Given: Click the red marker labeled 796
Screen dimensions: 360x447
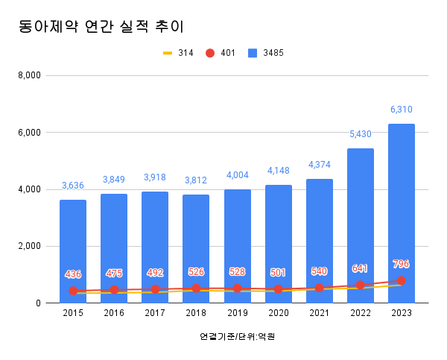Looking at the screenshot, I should pyautogui.click(x=402, y=280).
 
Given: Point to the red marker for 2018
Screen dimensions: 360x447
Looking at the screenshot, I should pyautogui.click(x=196, y=288).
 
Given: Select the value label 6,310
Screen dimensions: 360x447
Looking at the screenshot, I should pyautogui.click(x=402, y=110).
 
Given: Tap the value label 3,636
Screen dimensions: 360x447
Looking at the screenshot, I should pyautogui.click(x=73, y=186).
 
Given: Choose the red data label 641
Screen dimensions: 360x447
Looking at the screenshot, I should pyautogui.click(x=361, y=268).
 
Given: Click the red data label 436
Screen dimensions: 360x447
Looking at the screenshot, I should pyautogui.click(x=73, y=274).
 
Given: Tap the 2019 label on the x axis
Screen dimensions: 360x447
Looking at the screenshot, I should pyautogui.click(x=237, y=314).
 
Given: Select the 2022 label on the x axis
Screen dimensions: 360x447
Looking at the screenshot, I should pyautogui.click(x=361, y=314).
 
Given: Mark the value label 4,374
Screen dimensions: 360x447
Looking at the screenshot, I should pyautogui.click(x=320, y=165).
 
